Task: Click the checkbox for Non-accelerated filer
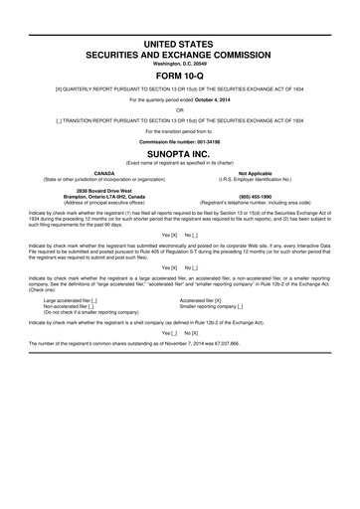coord(90,305)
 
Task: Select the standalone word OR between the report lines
coord(180,110)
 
